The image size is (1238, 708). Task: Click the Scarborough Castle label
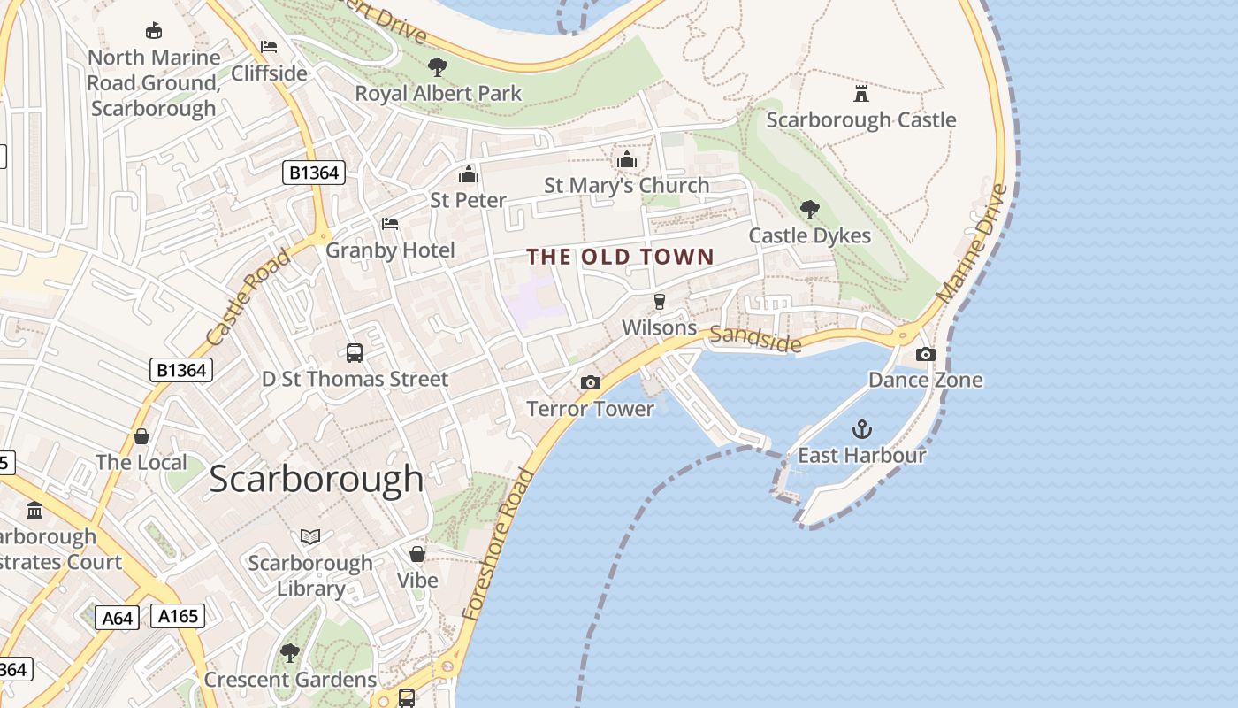(860, 119)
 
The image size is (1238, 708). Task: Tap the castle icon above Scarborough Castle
(860, 93)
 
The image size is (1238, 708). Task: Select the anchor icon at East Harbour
(861, 430)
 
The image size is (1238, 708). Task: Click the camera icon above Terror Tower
(590, 382)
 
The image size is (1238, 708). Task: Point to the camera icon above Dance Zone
(925, 354)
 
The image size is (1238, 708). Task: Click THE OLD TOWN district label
(620, 257)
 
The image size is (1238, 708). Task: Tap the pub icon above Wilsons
(659, 301)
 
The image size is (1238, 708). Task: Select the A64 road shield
(117, 617)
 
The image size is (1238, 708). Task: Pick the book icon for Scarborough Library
(309, 536)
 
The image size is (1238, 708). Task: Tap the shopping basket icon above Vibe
(416, 554)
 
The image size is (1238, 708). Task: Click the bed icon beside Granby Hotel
(390, 224)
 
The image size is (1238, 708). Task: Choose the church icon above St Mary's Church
(627, 159)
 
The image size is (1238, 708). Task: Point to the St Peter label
(468, 200)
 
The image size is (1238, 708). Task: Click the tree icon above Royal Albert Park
(437, 67)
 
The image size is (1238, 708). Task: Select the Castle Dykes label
(809, 235)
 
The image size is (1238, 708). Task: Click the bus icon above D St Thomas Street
(354, 353)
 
